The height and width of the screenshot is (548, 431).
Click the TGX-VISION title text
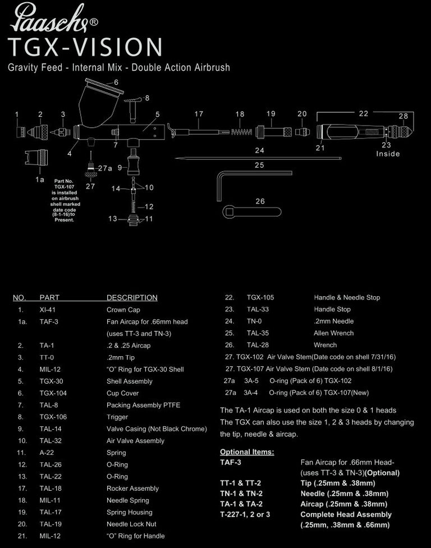click(85, 47)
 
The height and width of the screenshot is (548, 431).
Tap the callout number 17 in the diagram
click(199, 114)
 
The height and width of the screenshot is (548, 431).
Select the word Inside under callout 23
click(388, 154)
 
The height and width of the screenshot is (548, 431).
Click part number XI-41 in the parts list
click(47, 310)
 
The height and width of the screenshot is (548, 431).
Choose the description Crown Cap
click(123, 310)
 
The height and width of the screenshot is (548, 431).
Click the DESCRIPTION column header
click(132, 298)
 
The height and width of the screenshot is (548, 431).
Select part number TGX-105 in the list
click(260, 298)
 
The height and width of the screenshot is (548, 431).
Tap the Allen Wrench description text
click(333, 333)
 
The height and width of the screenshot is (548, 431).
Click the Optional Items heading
click(247, 452)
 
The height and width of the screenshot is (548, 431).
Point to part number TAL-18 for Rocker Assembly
click(51, 489)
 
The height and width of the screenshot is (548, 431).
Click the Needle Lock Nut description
click(131, 524)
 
